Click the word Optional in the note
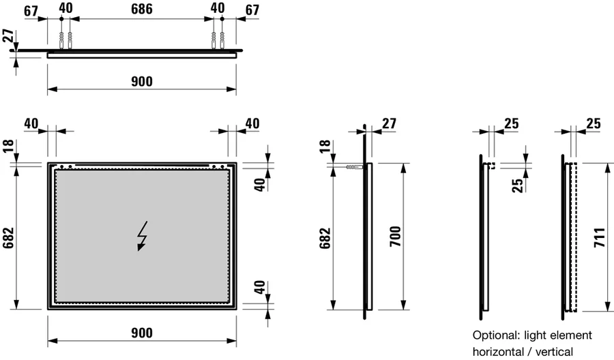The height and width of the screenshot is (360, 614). [497, 335]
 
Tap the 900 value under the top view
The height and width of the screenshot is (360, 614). [141, 82]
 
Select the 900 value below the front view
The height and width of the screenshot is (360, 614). [141, 332]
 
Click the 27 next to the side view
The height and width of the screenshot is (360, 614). [389, 123]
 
